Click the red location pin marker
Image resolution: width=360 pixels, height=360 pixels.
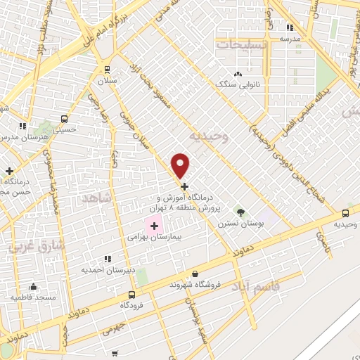181,165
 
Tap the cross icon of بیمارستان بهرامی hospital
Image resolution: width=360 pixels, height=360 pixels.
154,226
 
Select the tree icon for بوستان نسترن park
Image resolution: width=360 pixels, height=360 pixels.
241,212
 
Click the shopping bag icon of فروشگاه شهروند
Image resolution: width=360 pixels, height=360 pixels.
195,274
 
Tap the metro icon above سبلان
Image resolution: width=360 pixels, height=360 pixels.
107,69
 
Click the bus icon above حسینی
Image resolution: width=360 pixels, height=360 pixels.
65,119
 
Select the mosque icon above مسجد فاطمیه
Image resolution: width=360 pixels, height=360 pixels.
33,286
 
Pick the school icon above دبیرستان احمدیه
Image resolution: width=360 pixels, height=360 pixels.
107,259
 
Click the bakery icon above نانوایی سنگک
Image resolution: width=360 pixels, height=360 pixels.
238,73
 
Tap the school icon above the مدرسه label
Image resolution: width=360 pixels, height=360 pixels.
290,28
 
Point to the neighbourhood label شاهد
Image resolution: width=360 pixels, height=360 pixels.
96,198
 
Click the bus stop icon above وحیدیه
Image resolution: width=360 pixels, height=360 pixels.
345,213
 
